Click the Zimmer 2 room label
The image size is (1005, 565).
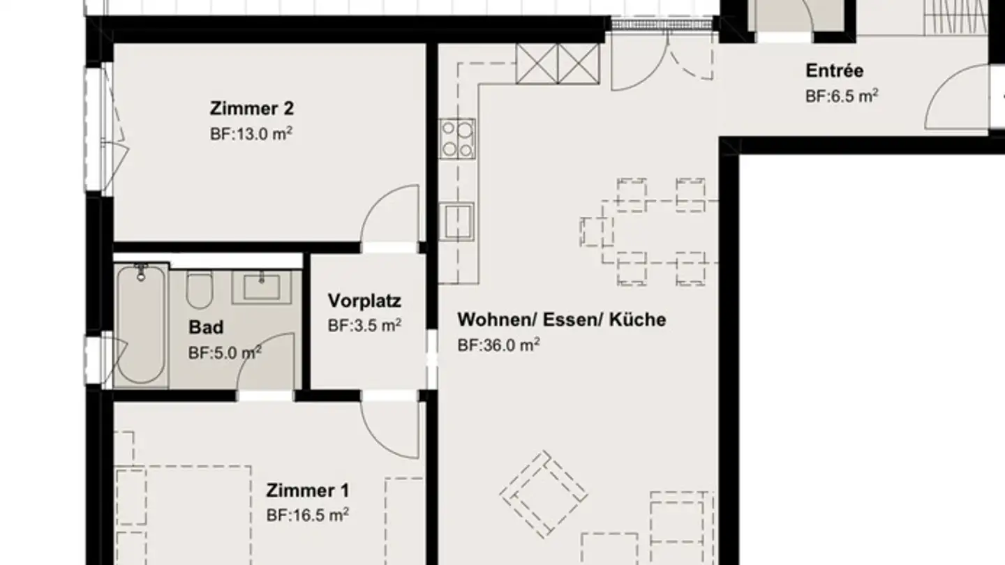point(251,109)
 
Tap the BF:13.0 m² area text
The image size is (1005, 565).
point(251,133)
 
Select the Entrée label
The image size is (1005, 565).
point(834,70)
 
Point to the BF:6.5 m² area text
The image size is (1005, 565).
point(841,96)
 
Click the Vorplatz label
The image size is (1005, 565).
point(364,301)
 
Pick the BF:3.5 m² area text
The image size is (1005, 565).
point(364,325)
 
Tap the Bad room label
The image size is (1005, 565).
point(206,327)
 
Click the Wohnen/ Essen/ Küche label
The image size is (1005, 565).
point(561,319)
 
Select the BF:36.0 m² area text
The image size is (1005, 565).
point(498,345)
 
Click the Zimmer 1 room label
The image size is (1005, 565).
point(307,490)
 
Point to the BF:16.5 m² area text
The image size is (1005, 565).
point(307,515)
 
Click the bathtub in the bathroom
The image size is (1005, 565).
point(141,324)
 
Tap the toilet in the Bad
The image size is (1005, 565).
point(199,289)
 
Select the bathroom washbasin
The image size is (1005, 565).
point(261,287)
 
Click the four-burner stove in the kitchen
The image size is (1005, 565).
point(457,138)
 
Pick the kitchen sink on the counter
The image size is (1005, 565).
point(457,220)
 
